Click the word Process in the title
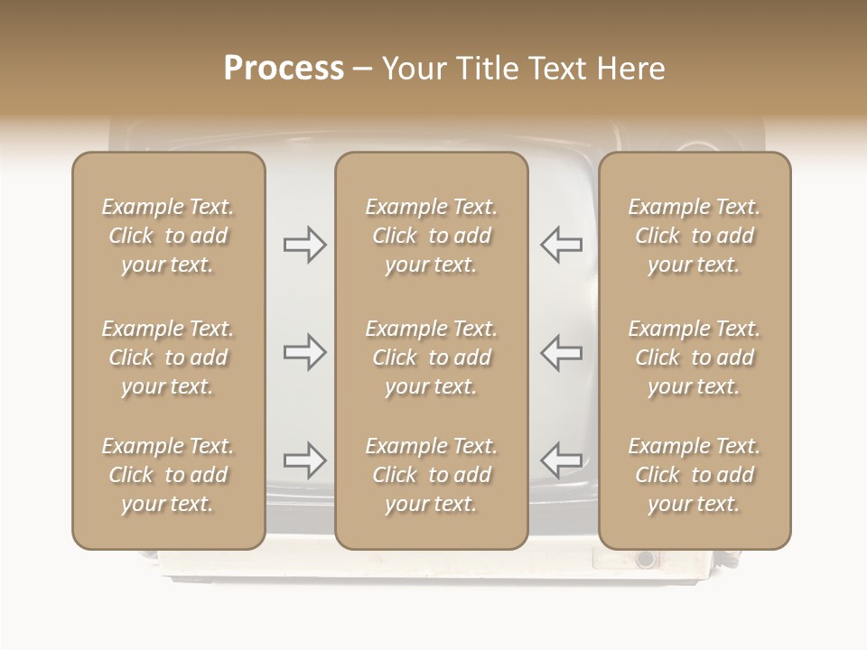(284, 69)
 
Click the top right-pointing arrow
(304, 245)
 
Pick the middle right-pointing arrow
(304, 352)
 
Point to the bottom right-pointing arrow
(304, 460)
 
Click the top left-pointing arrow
(562, 245)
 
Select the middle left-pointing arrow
(562, 352)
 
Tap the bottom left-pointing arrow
(562, 460)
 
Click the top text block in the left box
(168, 236)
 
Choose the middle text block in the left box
(168, 357)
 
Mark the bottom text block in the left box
(168, 475)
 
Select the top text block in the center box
(431, 236)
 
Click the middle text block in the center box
(431, 357)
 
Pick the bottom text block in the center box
(431, 475)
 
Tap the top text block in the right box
(695, 236)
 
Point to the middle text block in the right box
(695, 357)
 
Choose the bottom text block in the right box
(695, 475)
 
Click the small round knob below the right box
(645, 559)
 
